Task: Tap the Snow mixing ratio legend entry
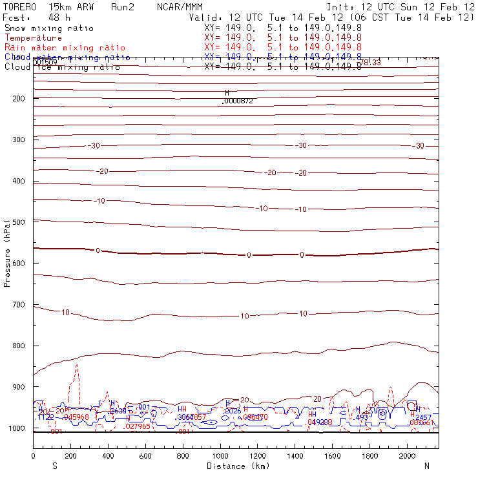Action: [x=48, y=28]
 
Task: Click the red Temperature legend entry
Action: [x=33, y=38]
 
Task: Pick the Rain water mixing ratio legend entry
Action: [x=65, y=48]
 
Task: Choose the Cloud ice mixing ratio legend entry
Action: [x=62, y=67]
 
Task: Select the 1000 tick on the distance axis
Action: [x=220, y=457]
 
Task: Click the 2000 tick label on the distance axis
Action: [x=408, y=457]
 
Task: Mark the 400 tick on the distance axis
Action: [x=108, y=457]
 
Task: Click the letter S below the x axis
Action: [x=54, y=466]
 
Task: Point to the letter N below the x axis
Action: [x=426, y=466]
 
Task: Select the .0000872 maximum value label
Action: [x=237, y=101]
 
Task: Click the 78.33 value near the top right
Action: [x=370, y=63]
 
